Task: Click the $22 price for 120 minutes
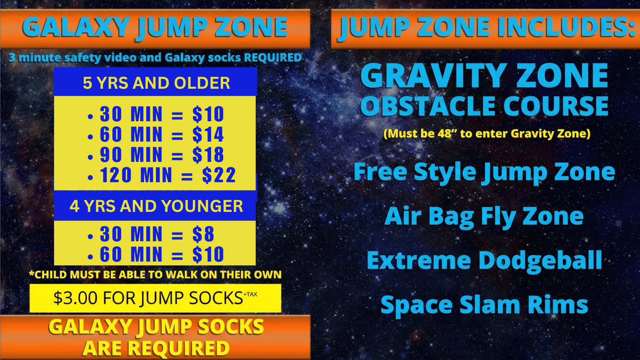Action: [x=219, y=175]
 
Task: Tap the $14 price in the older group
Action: [x=208, y=134]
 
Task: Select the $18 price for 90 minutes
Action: [x=208, y=155]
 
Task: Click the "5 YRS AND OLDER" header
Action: [x=156, y=83]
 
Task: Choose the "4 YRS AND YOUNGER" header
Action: [x=156, y=206]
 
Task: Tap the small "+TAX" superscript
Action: [x=250, y=294]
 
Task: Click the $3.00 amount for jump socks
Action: [x=75, y=298]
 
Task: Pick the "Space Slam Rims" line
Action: [x=484, y=305]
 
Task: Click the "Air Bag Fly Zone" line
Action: [x=484, y=216]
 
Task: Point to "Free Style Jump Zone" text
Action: [x=484, y=172]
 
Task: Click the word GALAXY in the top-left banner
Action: [x=76, y=27]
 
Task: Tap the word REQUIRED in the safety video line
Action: [x=272, y=57]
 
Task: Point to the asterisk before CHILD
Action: [x=31, y=273]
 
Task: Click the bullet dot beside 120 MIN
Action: [x=90, y=178]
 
